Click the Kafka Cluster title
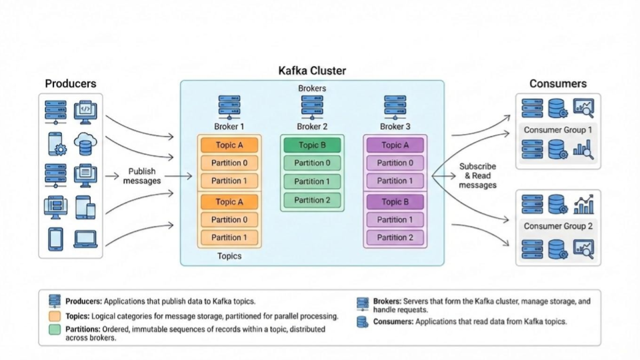point(312,71)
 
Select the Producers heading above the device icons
point(71,84)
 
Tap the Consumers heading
point(557,84)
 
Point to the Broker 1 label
point(229,127)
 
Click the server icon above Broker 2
point(312,107)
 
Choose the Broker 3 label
point(395,127)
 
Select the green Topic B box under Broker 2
point(312,145)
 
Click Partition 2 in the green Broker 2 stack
point(312,200)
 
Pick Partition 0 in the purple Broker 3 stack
point(395,163)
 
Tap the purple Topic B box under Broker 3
point(395,202)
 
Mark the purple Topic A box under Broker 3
point(395,145)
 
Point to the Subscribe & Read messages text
point(477,176)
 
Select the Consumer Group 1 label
point(557,130)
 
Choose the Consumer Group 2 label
point(557,226)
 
